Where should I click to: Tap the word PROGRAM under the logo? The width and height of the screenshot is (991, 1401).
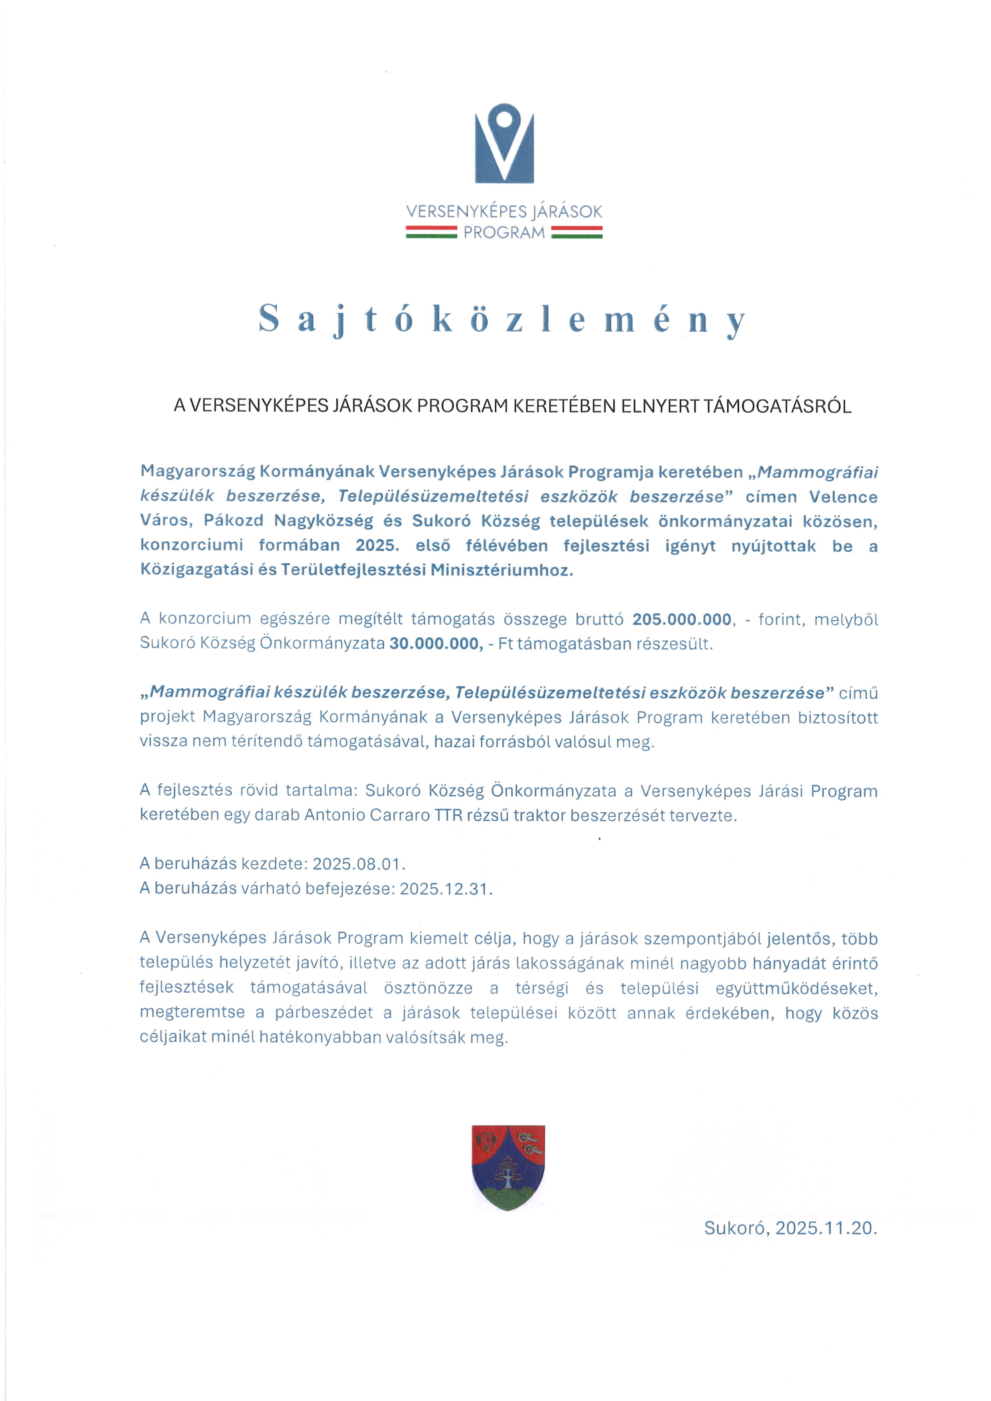504,233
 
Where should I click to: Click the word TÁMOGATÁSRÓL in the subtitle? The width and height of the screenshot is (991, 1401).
778,406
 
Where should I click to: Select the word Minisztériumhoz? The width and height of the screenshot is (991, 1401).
502,570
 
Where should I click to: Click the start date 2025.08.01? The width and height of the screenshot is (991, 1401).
359,864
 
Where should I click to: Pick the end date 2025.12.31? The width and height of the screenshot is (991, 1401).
446,888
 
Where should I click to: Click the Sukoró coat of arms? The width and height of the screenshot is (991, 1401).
508,1167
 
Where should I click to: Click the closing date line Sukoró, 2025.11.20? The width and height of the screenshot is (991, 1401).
790,1228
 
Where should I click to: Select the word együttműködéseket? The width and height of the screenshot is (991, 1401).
796,988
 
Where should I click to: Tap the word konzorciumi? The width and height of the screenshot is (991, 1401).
192,546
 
